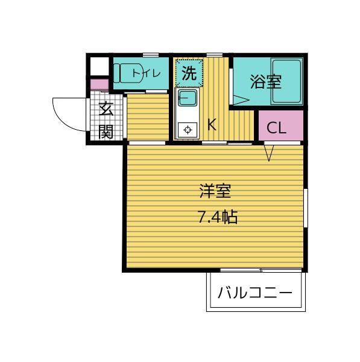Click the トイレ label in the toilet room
[x=147, y=74]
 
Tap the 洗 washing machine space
[x=189, y=73]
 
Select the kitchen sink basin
[x=188, y=98]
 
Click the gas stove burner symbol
[x=188, y=130]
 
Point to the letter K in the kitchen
[x=212, y=124]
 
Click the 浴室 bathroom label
[x=266, y=81]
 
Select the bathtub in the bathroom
[x=286, y=81]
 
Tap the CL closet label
[x=276, y=128]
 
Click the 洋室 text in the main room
[x=215, y=191]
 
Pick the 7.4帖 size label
[x=218, y=217]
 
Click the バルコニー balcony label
[x=255, y=293]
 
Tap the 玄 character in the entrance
[x=106, y=109]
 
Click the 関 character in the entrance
[x=106, y=132]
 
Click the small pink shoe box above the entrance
[x=99, y=84]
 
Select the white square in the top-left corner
[x=99, y=66]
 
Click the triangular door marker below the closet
[x=269, y=153]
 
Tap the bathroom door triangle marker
[x=241, y=100]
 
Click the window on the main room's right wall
[x=306, y=208]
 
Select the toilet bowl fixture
[x=128, y=73]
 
